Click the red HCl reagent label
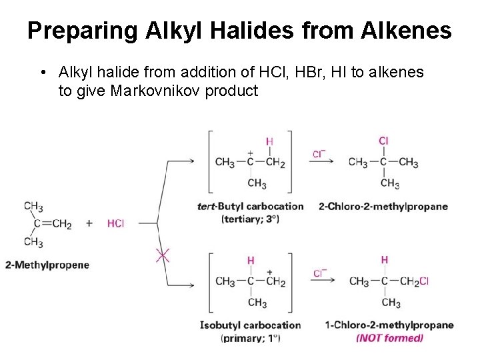(115, 223)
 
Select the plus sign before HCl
(89, 223)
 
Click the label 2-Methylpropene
(47, 265)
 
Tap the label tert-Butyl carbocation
(250, 206)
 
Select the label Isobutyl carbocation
(250, 325)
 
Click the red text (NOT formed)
(389, 338)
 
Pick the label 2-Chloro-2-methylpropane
(383, 206)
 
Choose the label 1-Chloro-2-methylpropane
(389, 325)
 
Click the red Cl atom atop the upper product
(383, 141)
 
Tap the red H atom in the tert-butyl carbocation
(269, 141)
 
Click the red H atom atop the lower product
(385, 259)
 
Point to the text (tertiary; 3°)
(250, 218)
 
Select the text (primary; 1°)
(250, 338)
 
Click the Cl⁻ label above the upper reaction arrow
(319, 154)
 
